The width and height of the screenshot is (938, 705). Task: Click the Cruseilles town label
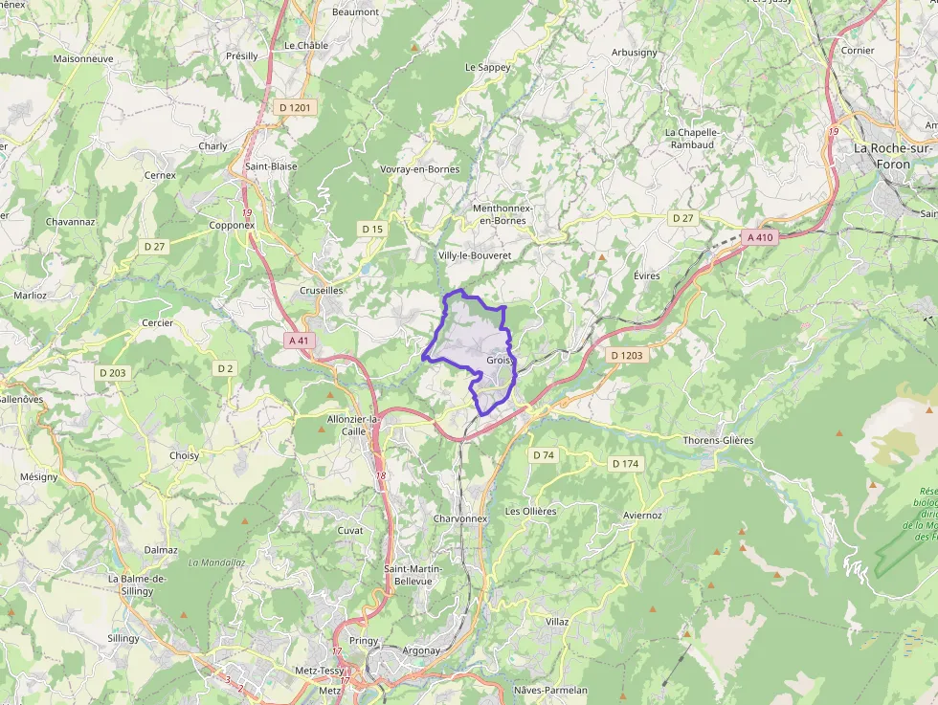[x=322, y=290]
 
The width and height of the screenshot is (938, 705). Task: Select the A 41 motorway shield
[x=299, y=340]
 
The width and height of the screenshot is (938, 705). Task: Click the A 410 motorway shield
[x=759, y=237]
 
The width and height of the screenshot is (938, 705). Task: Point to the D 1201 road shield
[x=295, y=108]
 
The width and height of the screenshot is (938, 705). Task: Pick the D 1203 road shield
[x=628, y=355]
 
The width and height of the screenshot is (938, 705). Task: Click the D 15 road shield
[x=372, y=229]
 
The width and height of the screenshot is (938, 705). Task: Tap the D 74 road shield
[x=544, y=454]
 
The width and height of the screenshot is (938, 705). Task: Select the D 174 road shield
[x=624, y=464]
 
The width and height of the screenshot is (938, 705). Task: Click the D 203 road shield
[x=112, y=372]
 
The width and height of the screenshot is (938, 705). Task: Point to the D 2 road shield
[x=225, y=368]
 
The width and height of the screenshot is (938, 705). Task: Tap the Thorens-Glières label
[x=718, y=440]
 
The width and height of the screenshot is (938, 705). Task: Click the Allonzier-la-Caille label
[x=354, y=425]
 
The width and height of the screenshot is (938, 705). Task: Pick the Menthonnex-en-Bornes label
[x=502, y=214]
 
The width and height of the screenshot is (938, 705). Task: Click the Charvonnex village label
[x=460, y=518]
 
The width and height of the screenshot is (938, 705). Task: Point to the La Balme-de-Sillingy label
[x=138, y=584]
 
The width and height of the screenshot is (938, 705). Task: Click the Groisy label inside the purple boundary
[x=500, y=361]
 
